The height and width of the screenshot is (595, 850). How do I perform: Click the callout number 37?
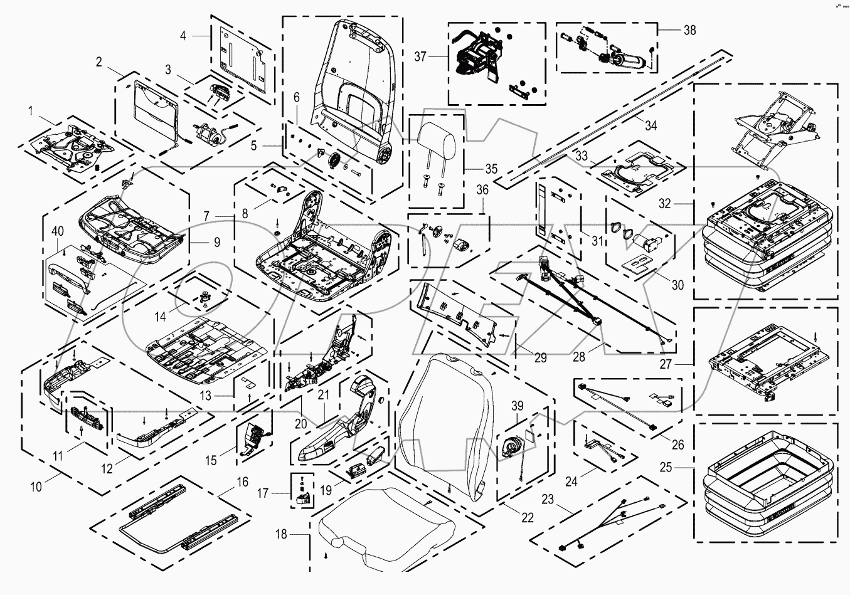pos(420,57)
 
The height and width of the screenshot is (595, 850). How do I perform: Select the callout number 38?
pos(672,30)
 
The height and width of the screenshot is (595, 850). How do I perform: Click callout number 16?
pos(242,482)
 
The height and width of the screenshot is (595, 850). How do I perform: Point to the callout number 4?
pos(183,36)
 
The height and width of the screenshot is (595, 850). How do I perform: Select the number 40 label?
pos(57,232)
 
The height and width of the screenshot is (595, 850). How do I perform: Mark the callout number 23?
pos(548,500)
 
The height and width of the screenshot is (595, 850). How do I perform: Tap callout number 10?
pos(36,486)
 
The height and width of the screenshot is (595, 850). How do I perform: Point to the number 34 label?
pos(651,126)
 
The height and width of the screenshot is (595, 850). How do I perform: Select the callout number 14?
pos(161,317)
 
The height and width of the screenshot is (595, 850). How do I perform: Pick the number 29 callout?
pos(540,358)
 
